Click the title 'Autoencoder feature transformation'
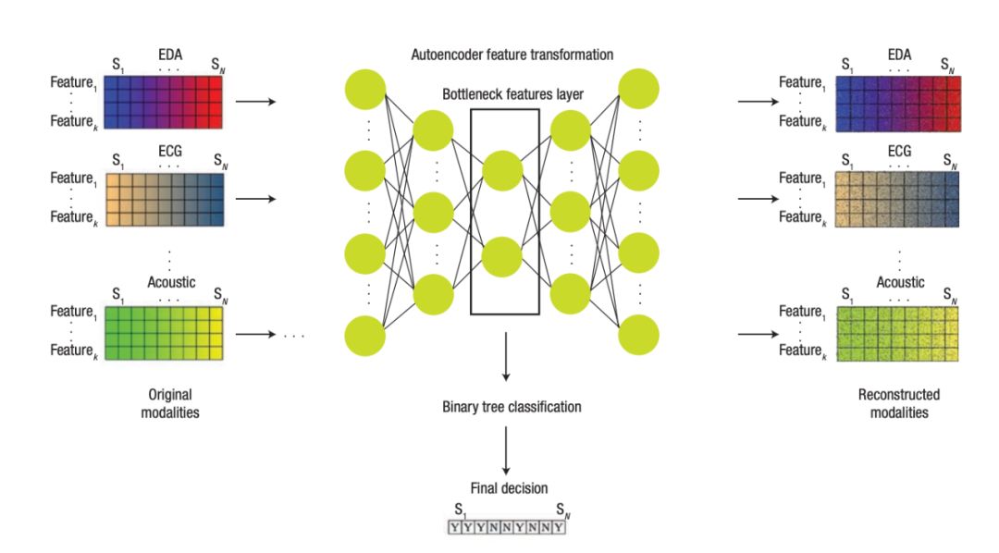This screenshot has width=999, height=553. click(512, 55)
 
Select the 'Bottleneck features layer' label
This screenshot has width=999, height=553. click(512, 94)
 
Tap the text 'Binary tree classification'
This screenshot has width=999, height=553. click(505, 406)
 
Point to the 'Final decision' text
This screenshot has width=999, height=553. click(505, 489)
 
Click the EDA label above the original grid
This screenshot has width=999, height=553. click(168, 57)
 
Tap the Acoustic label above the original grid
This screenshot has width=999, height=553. click(171, 281)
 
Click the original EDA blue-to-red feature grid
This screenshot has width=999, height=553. click(165, 101)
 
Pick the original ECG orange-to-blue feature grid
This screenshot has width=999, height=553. click(165, 198)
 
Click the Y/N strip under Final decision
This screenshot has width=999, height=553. click(505, 528)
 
